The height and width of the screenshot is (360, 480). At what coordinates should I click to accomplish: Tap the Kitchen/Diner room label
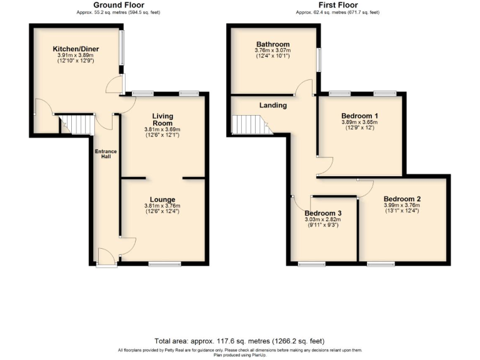coord(76,49)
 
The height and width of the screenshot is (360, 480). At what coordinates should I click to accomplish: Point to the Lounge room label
coord(162,199)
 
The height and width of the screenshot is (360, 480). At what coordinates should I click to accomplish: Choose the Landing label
coord(273,105)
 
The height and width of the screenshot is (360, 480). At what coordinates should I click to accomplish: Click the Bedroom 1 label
coord(359,116)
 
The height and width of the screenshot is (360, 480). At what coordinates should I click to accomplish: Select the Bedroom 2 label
coord(402,199)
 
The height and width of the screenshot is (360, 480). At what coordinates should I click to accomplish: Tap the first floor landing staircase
coord(250,125)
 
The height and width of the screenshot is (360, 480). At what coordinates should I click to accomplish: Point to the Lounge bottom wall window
coord(161,264)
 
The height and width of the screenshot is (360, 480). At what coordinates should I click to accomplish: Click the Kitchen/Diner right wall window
coord(122,47)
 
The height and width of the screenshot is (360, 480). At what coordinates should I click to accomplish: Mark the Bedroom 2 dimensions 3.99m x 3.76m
coord(402,206)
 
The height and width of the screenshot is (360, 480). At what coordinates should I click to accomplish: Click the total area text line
coord(239,341)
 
